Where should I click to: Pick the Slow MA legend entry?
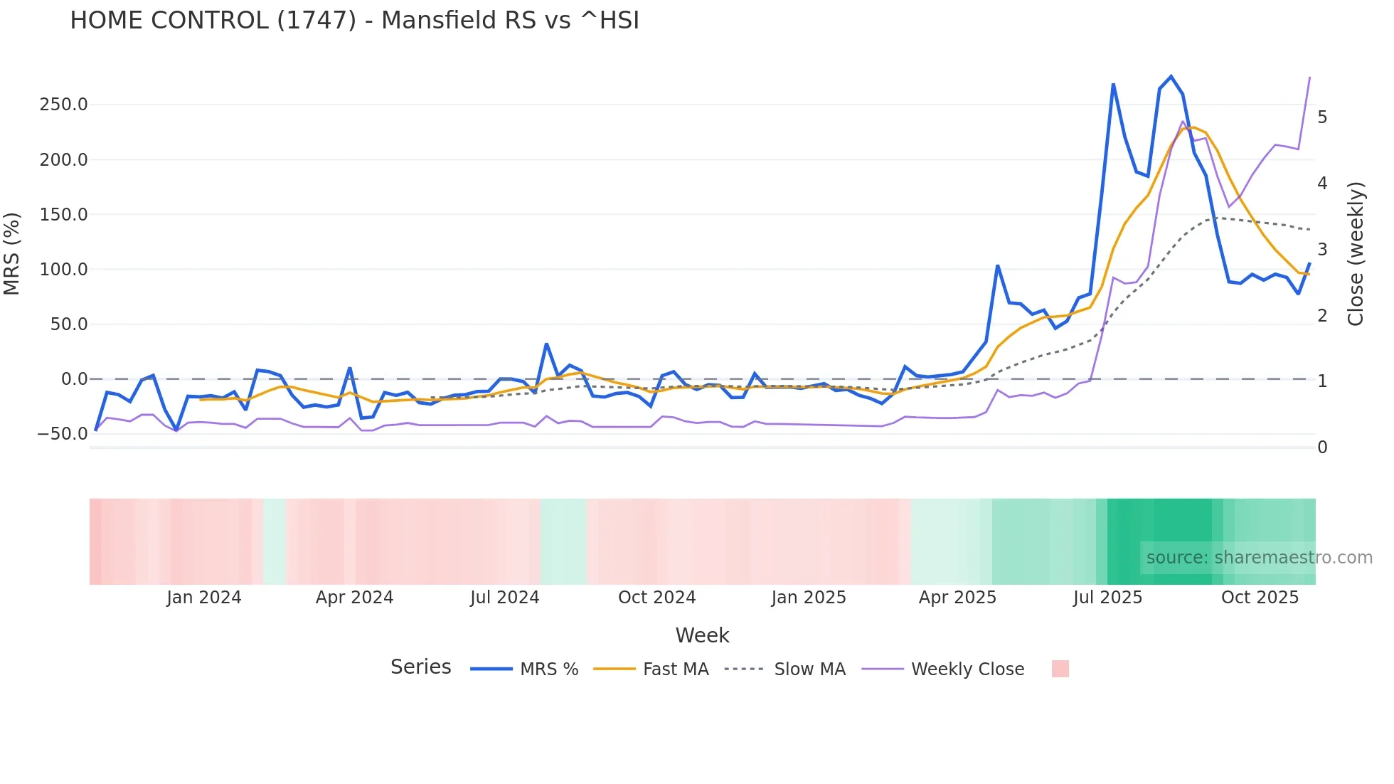[x=785, y=669]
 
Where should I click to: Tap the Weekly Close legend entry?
[x=943, y=669]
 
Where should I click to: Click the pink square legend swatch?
[x=1060, y=669]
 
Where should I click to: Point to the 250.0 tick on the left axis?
[x=63, y=105]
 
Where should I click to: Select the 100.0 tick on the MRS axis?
[x=63, y=270]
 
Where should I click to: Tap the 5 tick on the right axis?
[x=1322, y=117]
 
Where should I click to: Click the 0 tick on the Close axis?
[x=1322, y=447]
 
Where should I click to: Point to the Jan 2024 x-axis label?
[x=204, y=598]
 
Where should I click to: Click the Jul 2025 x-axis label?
[x=1107, y=598]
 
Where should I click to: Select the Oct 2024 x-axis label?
[x=656, y=598]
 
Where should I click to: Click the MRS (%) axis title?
[x=12, y=254]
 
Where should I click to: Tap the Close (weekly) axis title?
[x=1356, y=254]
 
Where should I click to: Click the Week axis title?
[x=702, y=635]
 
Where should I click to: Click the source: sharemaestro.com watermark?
[x=1259, y=558]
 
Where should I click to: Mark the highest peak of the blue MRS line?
[x=1171, y=76]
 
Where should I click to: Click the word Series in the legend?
[x=420, y=667]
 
